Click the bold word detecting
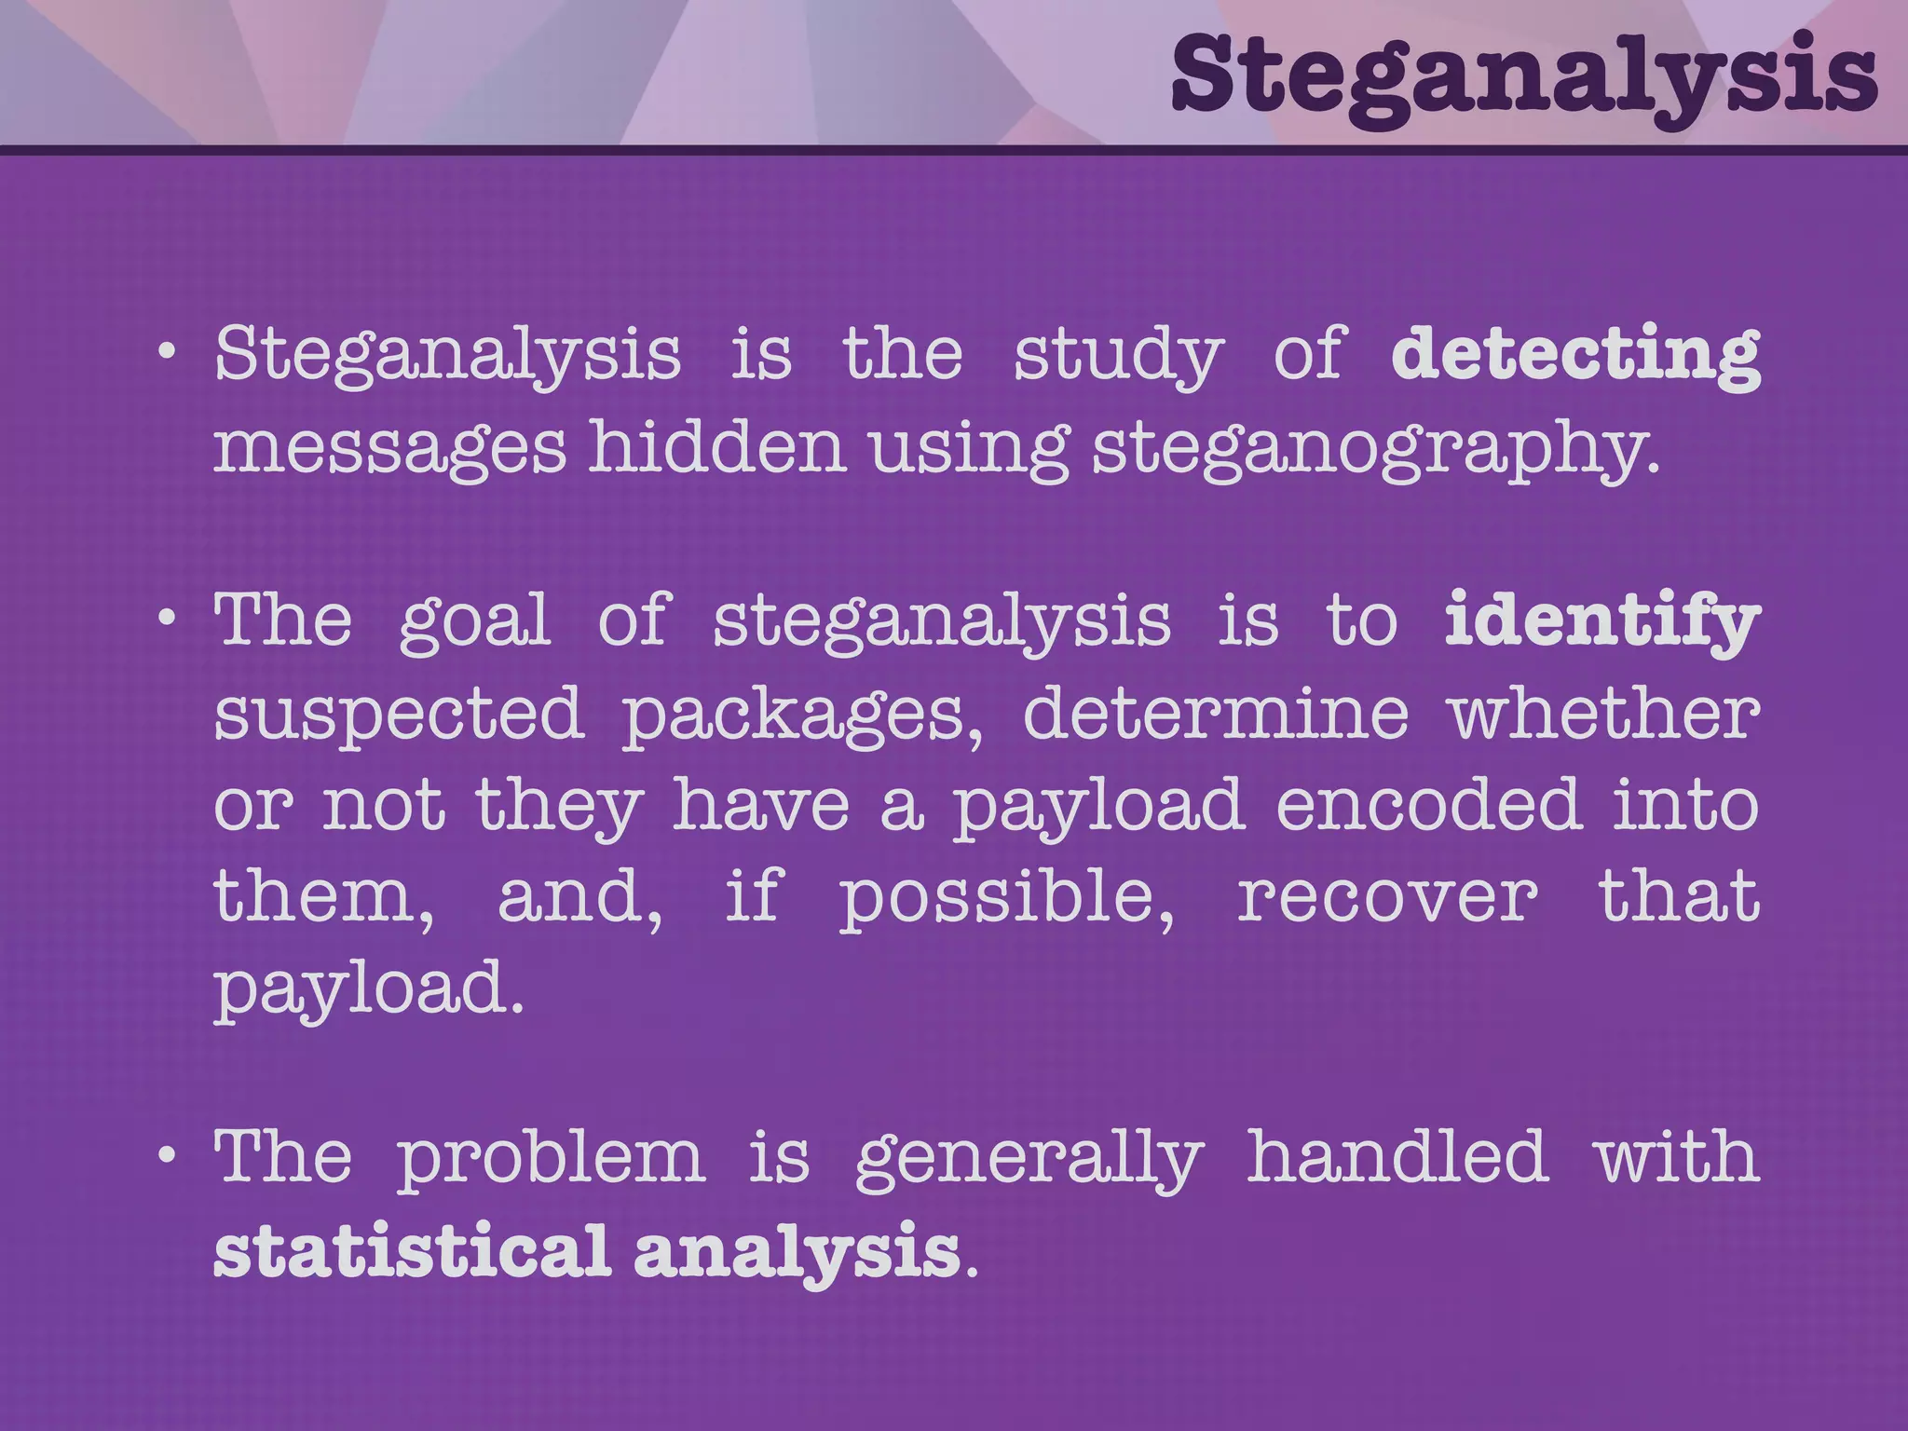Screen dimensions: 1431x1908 [x=1574, y=355]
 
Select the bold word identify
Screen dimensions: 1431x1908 [x=1601, y=621]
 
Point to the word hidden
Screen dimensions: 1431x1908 [x=716, y=446]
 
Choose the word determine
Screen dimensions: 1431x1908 [x=1216, y=713]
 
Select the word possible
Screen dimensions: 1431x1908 [x=1006, y=897]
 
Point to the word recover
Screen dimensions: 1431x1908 [x=1387, y=897]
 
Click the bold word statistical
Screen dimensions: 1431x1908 [x=412, y=1250]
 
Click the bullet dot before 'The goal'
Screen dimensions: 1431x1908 [x=167, y=618]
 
